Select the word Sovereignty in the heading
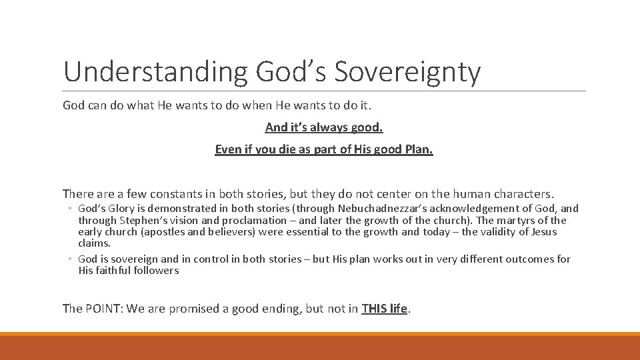407,72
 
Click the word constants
175,194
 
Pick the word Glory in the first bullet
122,208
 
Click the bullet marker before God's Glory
69,209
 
